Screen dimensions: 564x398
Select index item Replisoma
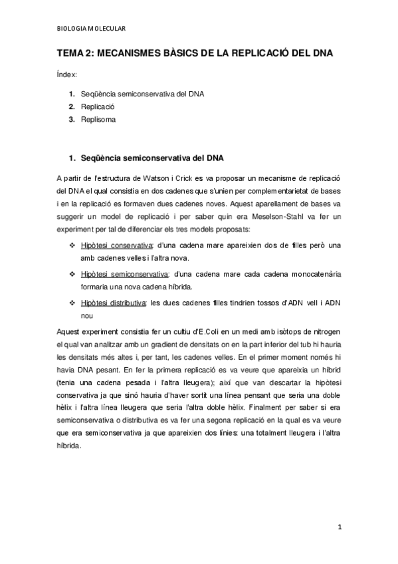(x=98, y=120)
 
